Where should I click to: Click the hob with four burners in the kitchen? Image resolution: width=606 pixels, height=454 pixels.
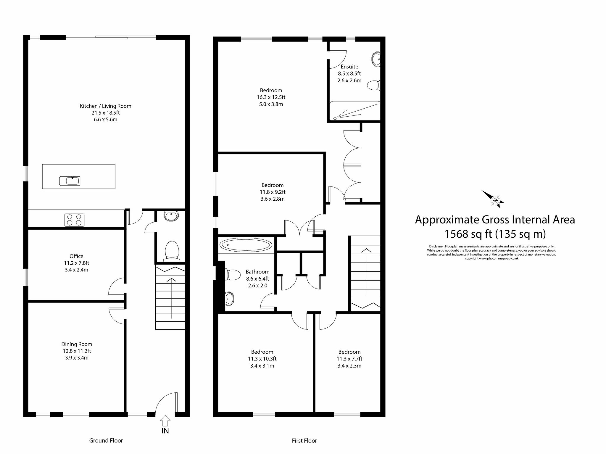(74, 220)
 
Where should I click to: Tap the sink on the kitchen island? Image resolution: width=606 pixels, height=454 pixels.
(70, 181)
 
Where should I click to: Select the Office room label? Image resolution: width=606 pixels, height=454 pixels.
(76, 256)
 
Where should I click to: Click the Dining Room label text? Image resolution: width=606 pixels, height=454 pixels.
(77, 344)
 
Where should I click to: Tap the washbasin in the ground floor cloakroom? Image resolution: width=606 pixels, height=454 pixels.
(171, 216)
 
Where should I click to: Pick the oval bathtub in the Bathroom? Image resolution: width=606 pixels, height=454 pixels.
(246, 245)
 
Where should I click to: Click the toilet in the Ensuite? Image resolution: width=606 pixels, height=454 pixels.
(373, 86)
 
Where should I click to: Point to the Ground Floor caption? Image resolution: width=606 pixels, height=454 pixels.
(106, 440)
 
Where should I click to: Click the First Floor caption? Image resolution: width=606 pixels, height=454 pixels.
(304, 441)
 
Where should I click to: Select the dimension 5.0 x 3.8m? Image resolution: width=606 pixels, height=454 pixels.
(271, 104)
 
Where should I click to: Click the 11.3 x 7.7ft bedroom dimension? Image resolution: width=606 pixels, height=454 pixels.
(349, 359)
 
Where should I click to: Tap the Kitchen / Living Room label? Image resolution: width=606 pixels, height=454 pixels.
(105, 106)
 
